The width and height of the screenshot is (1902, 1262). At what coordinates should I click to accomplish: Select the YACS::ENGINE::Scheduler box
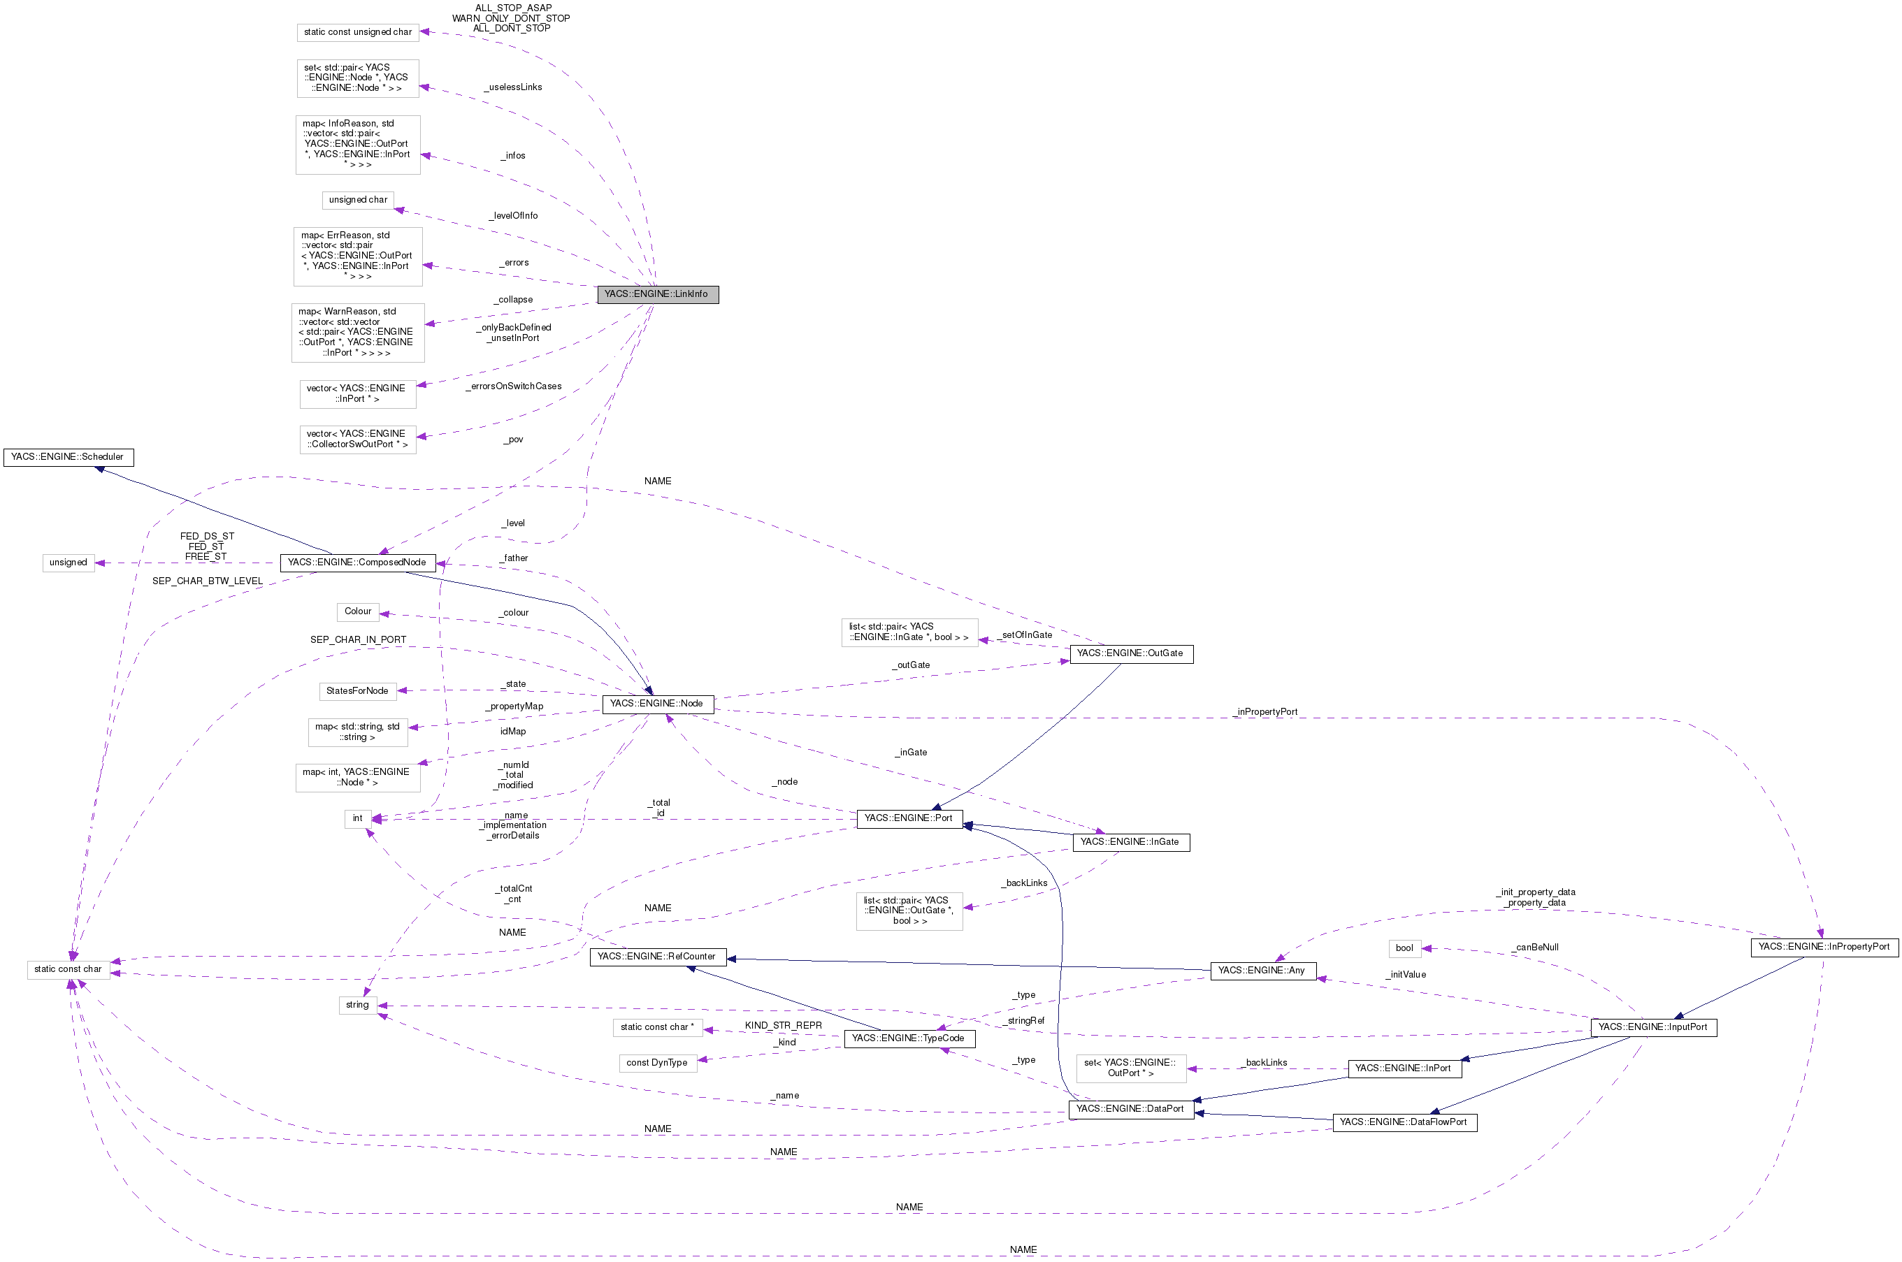[69, 457]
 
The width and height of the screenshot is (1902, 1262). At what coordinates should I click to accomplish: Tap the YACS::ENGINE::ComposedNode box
[357, 563]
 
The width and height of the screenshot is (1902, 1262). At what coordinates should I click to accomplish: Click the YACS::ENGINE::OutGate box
[1130, 653]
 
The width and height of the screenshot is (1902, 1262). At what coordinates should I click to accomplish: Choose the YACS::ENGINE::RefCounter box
[657, 957]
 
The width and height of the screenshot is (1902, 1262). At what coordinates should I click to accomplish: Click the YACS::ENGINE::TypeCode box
[908, 1039]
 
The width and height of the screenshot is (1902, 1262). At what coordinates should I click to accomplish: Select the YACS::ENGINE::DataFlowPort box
[1404, 1122]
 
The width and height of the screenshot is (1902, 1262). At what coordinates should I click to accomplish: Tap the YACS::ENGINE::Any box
[1262, 971]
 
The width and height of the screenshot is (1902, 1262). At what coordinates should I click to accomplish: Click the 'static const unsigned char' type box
[357, 32]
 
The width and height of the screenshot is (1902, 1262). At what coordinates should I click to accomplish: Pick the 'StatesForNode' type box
[357, 691]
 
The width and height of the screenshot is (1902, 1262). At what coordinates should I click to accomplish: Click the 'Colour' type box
[357, 611]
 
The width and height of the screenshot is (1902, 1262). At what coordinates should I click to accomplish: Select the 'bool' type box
[1404, 948]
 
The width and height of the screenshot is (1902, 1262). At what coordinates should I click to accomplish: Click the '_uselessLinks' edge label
[514, 87]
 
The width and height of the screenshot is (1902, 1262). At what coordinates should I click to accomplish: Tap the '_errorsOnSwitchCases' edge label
[514, 386]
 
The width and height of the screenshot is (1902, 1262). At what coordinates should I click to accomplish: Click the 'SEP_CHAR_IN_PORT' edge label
[358, 640]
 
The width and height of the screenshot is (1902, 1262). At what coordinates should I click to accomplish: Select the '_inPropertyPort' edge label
[1266, 712]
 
